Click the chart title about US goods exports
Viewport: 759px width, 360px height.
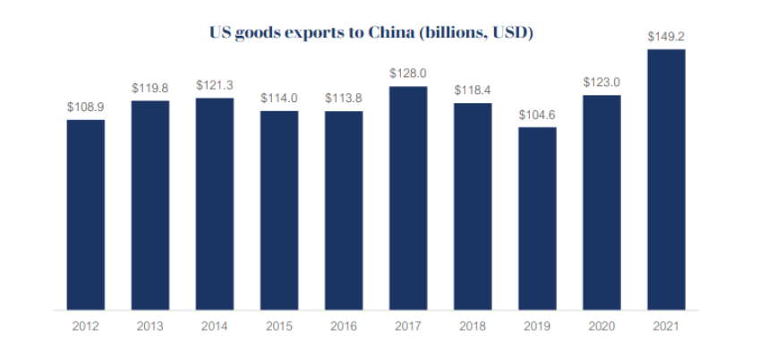(371, 34)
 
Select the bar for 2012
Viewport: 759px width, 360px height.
(86, 215)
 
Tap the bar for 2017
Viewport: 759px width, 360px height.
(408, 199)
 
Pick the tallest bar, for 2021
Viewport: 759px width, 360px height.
(666, 179)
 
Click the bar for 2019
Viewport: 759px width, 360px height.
(537, 219)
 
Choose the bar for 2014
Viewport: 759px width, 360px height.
(215, 204)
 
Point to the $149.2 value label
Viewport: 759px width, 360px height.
(666, 38)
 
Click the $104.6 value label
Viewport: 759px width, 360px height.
(537, 116)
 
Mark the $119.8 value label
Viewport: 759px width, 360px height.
(150, 89)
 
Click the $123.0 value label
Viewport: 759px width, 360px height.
(601, 82)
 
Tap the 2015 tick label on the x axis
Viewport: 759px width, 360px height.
(279, 327)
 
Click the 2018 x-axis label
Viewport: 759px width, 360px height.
(473, 327)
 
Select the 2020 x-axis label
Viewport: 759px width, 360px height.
(601, 327)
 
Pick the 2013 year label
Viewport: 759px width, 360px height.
(150, 327)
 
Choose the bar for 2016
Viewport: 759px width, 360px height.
(344, 210)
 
